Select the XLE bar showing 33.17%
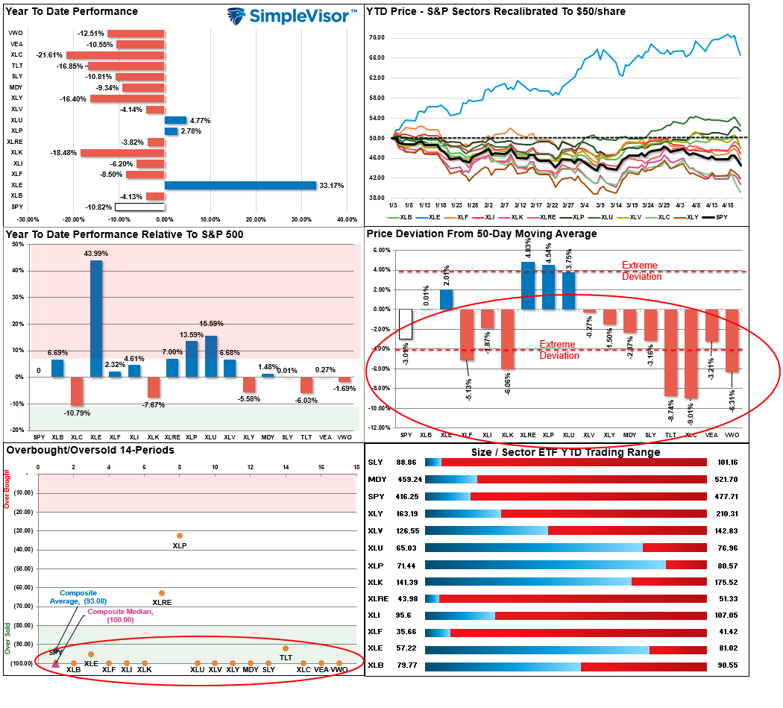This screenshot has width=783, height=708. [240, 185]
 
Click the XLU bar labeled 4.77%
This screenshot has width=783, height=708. [175, 120]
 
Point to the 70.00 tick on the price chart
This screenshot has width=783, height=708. [376, 37]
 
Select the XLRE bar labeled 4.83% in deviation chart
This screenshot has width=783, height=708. [528, 285]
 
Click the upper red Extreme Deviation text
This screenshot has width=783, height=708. [642, 271]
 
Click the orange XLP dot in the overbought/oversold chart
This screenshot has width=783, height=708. [180, 536]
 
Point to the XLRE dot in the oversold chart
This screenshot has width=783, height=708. [162, 593]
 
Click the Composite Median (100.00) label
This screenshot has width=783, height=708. [119, 616]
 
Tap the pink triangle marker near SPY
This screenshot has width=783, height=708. [56, 662]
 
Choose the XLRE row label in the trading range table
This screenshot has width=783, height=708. [378, 598]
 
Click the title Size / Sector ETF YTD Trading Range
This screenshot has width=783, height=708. [565, 452]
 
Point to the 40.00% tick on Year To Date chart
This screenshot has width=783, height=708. [347, 219]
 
